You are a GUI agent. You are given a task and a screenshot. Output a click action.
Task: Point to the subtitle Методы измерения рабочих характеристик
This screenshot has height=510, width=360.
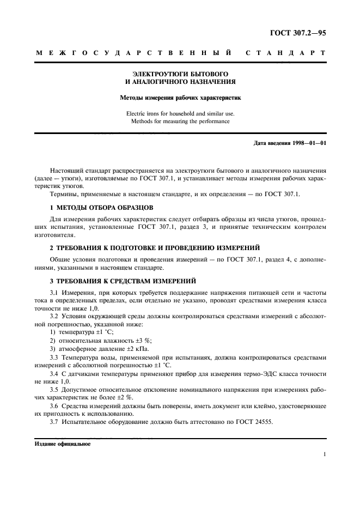(x=180, y=98)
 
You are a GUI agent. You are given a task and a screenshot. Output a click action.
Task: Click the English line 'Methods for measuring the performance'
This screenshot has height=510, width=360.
(x=180, y=121)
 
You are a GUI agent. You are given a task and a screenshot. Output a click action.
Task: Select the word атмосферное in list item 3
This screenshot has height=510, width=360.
(x=78, y=348)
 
